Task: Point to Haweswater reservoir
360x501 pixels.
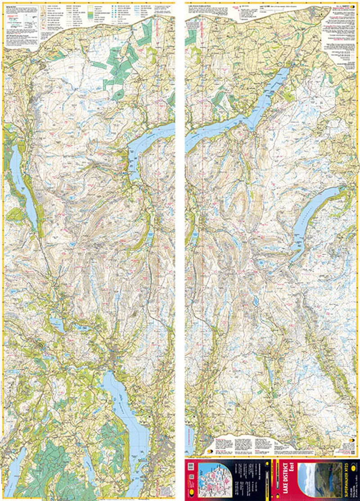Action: (315, 216)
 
